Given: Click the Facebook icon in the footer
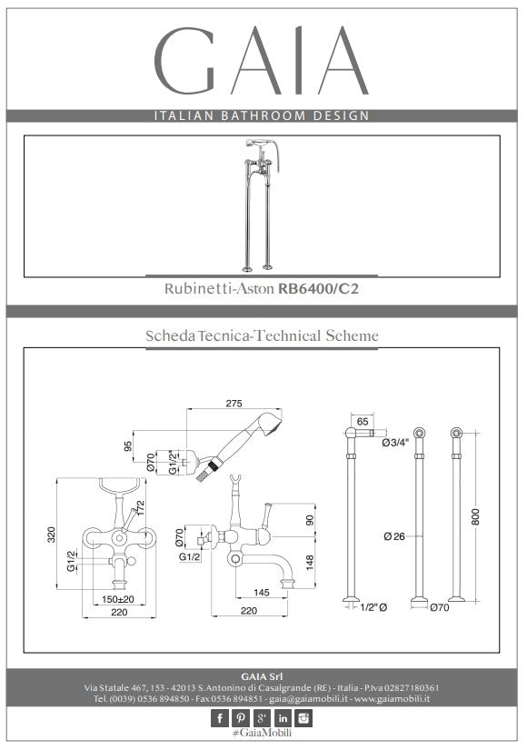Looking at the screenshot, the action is click(x=220, y=718).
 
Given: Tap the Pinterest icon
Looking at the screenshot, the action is click(x=241, y=718).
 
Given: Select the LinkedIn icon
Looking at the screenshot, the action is click(x=283, y=718).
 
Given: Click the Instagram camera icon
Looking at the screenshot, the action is click(x=303, y=718).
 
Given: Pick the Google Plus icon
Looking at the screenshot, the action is click(x=262, y=718).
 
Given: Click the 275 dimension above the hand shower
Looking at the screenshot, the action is click(x=234, y=404).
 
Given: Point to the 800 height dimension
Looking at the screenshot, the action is click(x=475, y=516).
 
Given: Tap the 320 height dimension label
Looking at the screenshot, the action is click(x=52, y=535).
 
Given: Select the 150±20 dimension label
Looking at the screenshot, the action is click(x=118, y=599).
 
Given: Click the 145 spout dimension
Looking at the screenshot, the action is click(x=262, y=592).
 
